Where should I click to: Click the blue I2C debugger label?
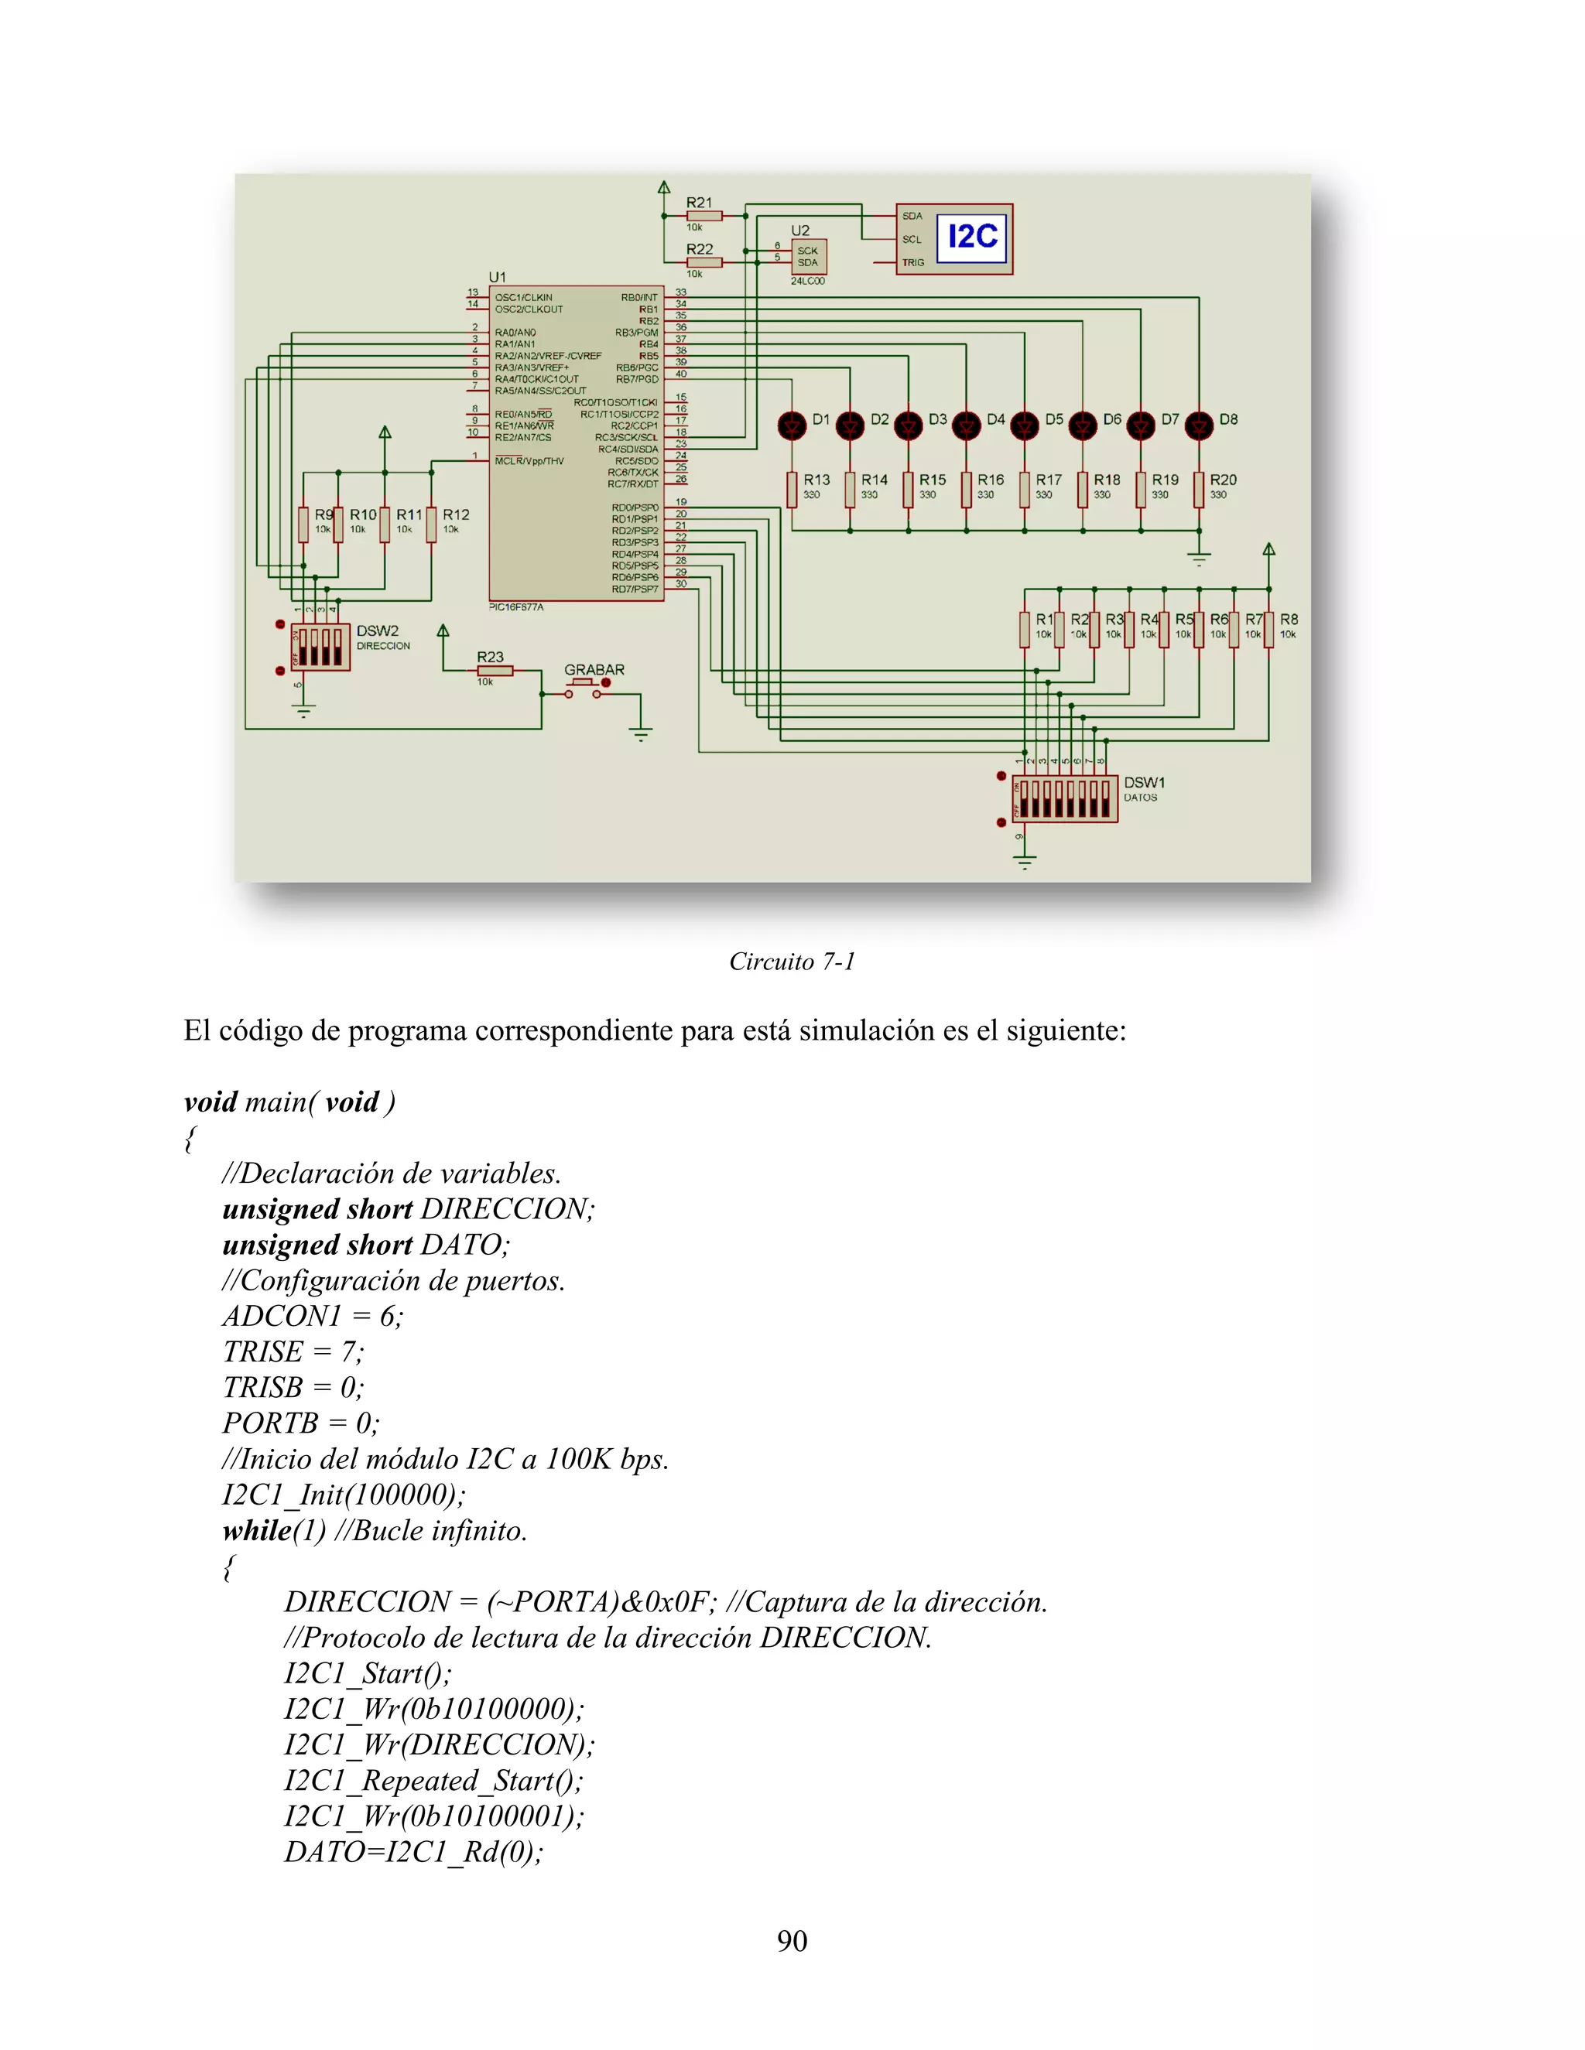point(972,237)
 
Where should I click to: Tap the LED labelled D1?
point(792,426)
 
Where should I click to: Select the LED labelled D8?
point(1199,426)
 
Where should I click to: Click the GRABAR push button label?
point(594,670)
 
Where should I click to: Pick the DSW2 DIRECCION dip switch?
point(320,647)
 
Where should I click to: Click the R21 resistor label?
point(700,203)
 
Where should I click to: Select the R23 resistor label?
point(490,657)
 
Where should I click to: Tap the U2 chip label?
point(800,230)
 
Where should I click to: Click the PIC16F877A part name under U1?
point(516,607)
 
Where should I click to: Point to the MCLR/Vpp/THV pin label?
point(529,461)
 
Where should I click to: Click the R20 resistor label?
point(1223,480)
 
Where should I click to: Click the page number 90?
point(792,1940)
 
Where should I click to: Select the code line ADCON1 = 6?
point(313,1316)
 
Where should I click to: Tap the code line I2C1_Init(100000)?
point(344,1495)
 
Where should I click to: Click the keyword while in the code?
point(256,1530)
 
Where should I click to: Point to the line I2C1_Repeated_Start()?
point(433,1780)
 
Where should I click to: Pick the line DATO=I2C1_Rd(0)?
point(413,1851)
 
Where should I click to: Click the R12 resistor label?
point(457,514)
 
